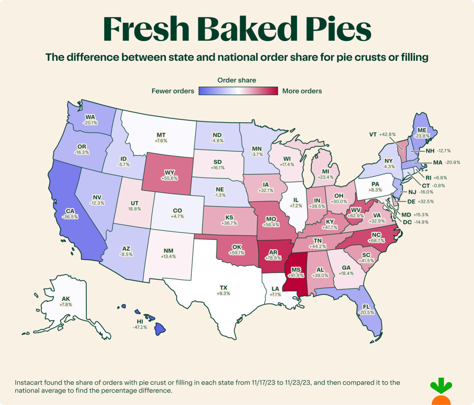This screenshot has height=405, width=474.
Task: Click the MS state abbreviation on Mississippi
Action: click(x=296, y=270)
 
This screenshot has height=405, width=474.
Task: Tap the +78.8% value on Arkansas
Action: click(x=273, y=258)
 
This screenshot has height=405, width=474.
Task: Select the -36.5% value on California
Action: click(x=70, y=217)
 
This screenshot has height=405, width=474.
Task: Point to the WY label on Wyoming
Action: click(x=169, y=173)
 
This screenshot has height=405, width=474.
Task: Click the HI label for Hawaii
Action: click(x=140, y=321)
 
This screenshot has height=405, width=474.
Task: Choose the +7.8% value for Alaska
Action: click(x=66, y=305)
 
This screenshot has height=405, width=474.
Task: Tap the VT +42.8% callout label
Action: click(x=382, y=134)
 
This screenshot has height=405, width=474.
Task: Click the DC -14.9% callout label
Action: click(x=416, y=222)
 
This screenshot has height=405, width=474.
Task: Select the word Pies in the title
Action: click(x=338, y=29)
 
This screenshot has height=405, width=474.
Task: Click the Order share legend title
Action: click(x=237, y=80)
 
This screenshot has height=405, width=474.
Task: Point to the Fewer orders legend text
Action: click(x=173, y=91)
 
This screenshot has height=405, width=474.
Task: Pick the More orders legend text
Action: click(x=302, y=91)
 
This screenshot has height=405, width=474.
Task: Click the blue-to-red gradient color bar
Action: click(x=238, y=91)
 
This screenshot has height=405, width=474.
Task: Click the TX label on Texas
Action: click(x=224, y=288)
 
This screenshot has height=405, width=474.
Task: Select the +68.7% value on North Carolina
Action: click(x=377, y=241)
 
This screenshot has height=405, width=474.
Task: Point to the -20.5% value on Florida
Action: click(x=367, y=312)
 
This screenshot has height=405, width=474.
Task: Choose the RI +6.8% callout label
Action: click(x=436, y=178)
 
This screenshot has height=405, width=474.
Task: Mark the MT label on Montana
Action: click(x=161, y=135)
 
